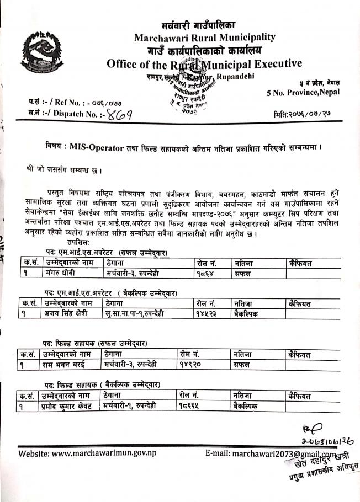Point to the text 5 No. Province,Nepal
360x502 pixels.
303,92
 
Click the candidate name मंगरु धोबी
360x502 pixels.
61,273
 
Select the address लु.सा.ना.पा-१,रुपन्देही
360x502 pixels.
135,313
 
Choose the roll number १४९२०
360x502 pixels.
192,364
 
